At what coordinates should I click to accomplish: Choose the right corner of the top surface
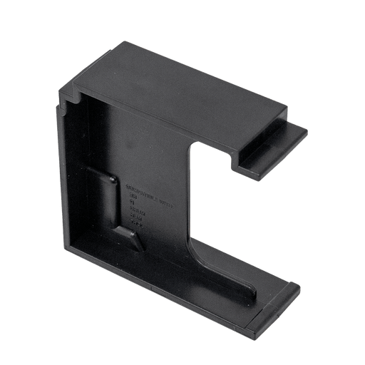coord(289,110)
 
